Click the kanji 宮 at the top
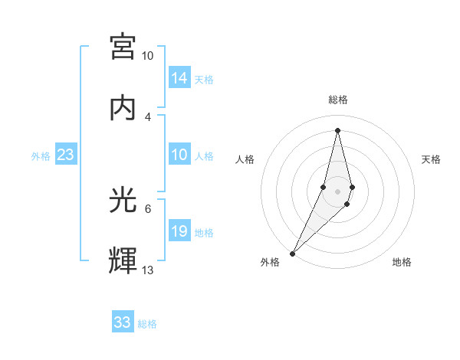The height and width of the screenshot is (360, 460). click(123, 47)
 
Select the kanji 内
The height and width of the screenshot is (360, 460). click(123, 108)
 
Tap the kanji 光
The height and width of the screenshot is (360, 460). click(123, 200)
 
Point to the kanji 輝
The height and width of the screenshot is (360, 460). click(123, 261)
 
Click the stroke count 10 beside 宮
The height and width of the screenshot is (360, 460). click(148, 56)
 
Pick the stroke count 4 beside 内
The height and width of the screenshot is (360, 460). click(148, 117)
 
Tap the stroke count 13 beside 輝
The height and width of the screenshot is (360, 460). click(148, 270)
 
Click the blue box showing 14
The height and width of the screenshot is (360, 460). click(179, 78)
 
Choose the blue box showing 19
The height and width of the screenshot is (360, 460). click(179, 231)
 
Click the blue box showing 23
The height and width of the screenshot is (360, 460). click(66, 155)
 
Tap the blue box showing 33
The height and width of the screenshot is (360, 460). click(123, 322)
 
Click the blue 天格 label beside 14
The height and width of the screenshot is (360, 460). click(204, 80)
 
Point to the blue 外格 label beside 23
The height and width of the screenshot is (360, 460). click(41, 156)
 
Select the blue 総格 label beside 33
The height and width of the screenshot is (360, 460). click(147, 324)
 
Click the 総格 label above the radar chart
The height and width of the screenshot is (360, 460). click(338, 100)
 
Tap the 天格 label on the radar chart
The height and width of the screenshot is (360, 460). click(431, 159)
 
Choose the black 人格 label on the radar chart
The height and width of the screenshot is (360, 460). click(245, 159)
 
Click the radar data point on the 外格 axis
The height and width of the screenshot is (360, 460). click(293, 252)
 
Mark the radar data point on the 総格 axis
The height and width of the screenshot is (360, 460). click(337, 130)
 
